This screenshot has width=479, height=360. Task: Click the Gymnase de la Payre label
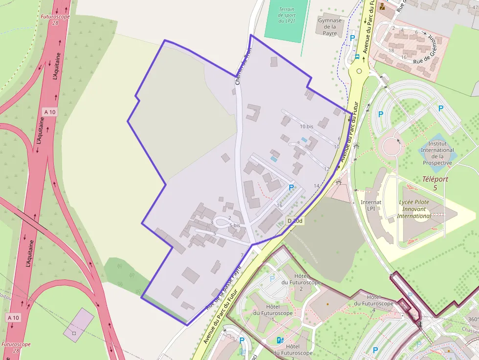pyautogui.click(x=330, y=27)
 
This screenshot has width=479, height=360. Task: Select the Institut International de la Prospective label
pyautogui.click(x=437, y=153)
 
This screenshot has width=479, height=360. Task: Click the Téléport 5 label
pyautogui.click(x=435, y=183)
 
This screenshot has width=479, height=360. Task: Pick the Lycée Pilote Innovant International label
pyautogui.click(x=414, y=209)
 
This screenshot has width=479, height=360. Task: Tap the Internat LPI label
pyautogui.click(x=371, y=205)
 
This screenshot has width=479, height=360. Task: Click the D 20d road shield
pyautogui.click(x=295, y=221)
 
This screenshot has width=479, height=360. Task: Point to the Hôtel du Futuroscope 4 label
pyautogui.click(x=373, y=303)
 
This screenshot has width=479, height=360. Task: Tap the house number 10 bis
pyautogui.click(x=306, y=127)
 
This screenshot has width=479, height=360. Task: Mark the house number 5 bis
pyautogui.click(x=235, y=225)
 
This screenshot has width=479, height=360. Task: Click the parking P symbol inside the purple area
pyautogui.click(x=292, y=187)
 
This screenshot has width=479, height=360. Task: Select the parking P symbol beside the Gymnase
pyautogui.click(x=351, y=38)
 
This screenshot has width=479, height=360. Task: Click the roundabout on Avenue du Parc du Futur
pyautogui.click(x=360, y=71)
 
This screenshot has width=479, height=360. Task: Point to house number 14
pyautogui.click(x=316, y=186)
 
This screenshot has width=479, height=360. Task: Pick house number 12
pyautogui.click(x=327, y=169)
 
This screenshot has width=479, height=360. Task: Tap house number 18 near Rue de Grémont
pyautogui.click(x=391, y=50)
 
